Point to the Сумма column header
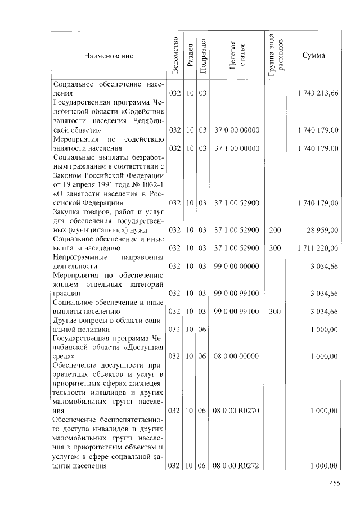(313, 56)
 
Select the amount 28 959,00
(322, 229)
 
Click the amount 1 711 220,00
(318, 247)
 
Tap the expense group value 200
(274, 229)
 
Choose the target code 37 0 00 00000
(236, 130)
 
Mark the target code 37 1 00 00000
(236, 148)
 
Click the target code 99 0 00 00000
(236, 266)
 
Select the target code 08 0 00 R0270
(236, 411)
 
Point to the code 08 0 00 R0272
(236, 466)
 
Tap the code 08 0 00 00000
(236, 357)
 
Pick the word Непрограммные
(78, 256)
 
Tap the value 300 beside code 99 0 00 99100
(274, 311)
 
